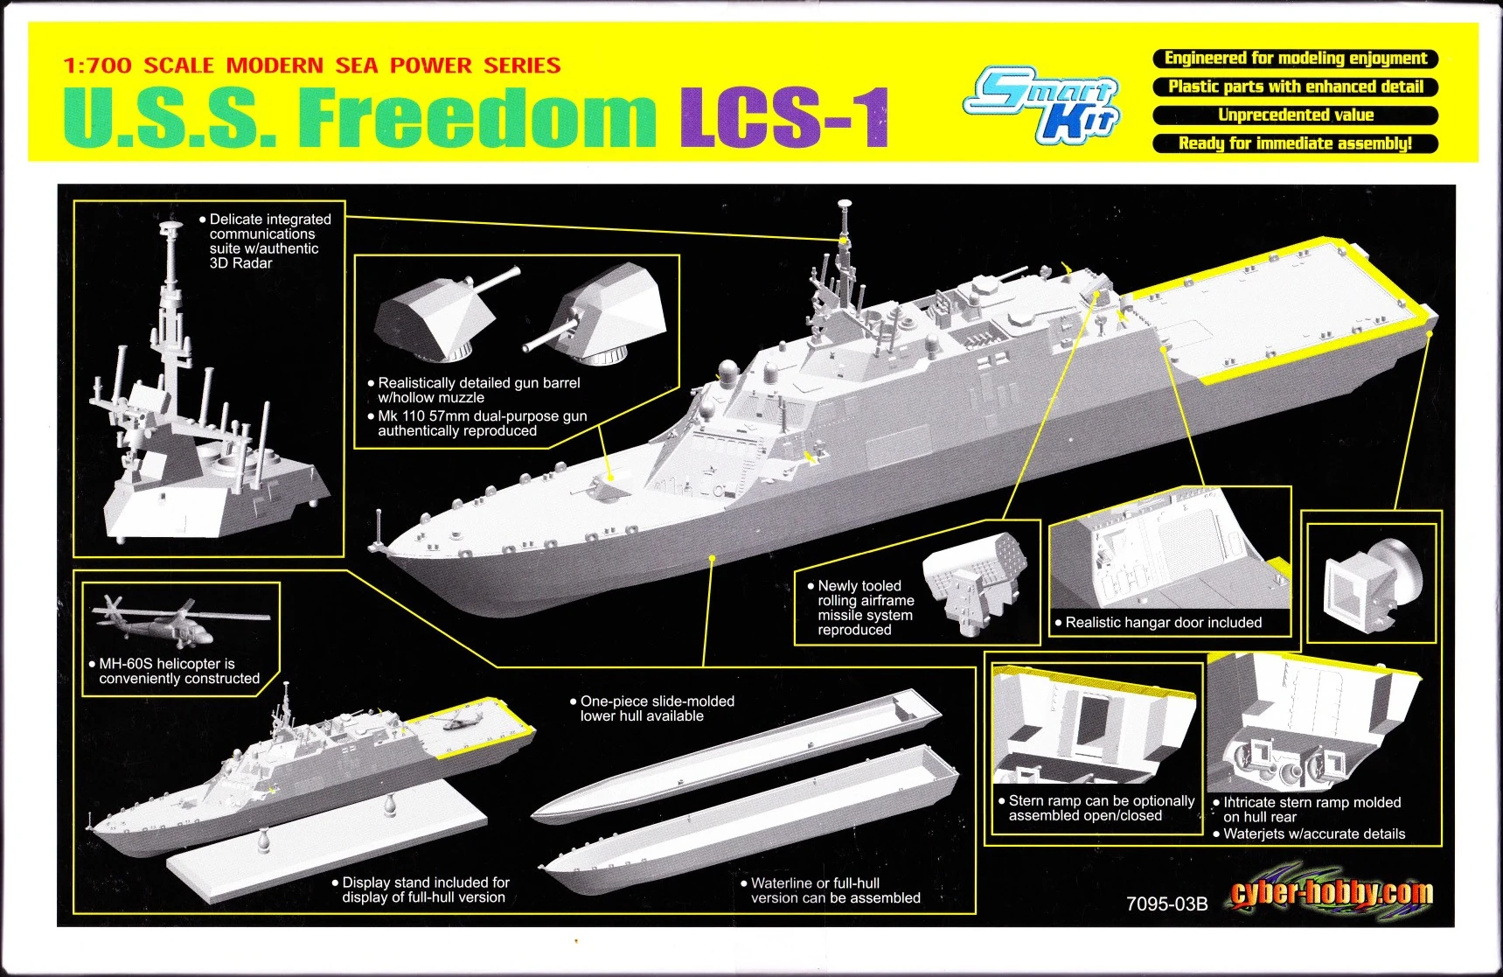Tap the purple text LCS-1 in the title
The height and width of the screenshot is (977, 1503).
click(x=784, y=116)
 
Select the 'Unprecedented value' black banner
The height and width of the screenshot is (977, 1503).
click(x=1295, y=115)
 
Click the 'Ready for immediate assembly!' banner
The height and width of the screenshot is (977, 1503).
click(x=1295, y=143)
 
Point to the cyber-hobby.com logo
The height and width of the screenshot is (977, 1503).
click(x=1331, y=893)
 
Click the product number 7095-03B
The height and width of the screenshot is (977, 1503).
click(x=1166, y=904)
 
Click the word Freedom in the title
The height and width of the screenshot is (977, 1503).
click(x=477, y=116)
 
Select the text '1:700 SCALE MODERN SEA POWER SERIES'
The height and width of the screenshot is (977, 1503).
click(x=312, y=66)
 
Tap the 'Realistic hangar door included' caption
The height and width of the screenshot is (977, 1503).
click(x=1163, y=623)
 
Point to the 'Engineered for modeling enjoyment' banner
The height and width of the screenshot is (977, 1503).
click(x=1295, y=59)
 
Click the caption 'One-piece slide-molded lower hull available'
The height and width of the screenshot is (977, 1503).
click(x=657, y=708)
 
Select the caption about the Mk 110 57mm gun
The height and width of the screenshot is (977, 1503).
click(x=482, y=423)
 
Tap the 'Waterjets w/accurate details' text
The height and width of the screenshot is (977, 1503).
click(x=1313, y=834)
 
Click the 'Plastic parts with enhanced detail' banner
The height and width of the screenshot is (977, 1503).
click(x=1295, y=87)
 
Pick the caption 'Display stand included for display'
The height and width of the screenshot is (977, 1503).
click(x=425, y=890)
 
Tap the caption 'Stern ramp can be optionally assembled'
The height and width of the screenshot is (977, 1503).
click(x=1101, y=808)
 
